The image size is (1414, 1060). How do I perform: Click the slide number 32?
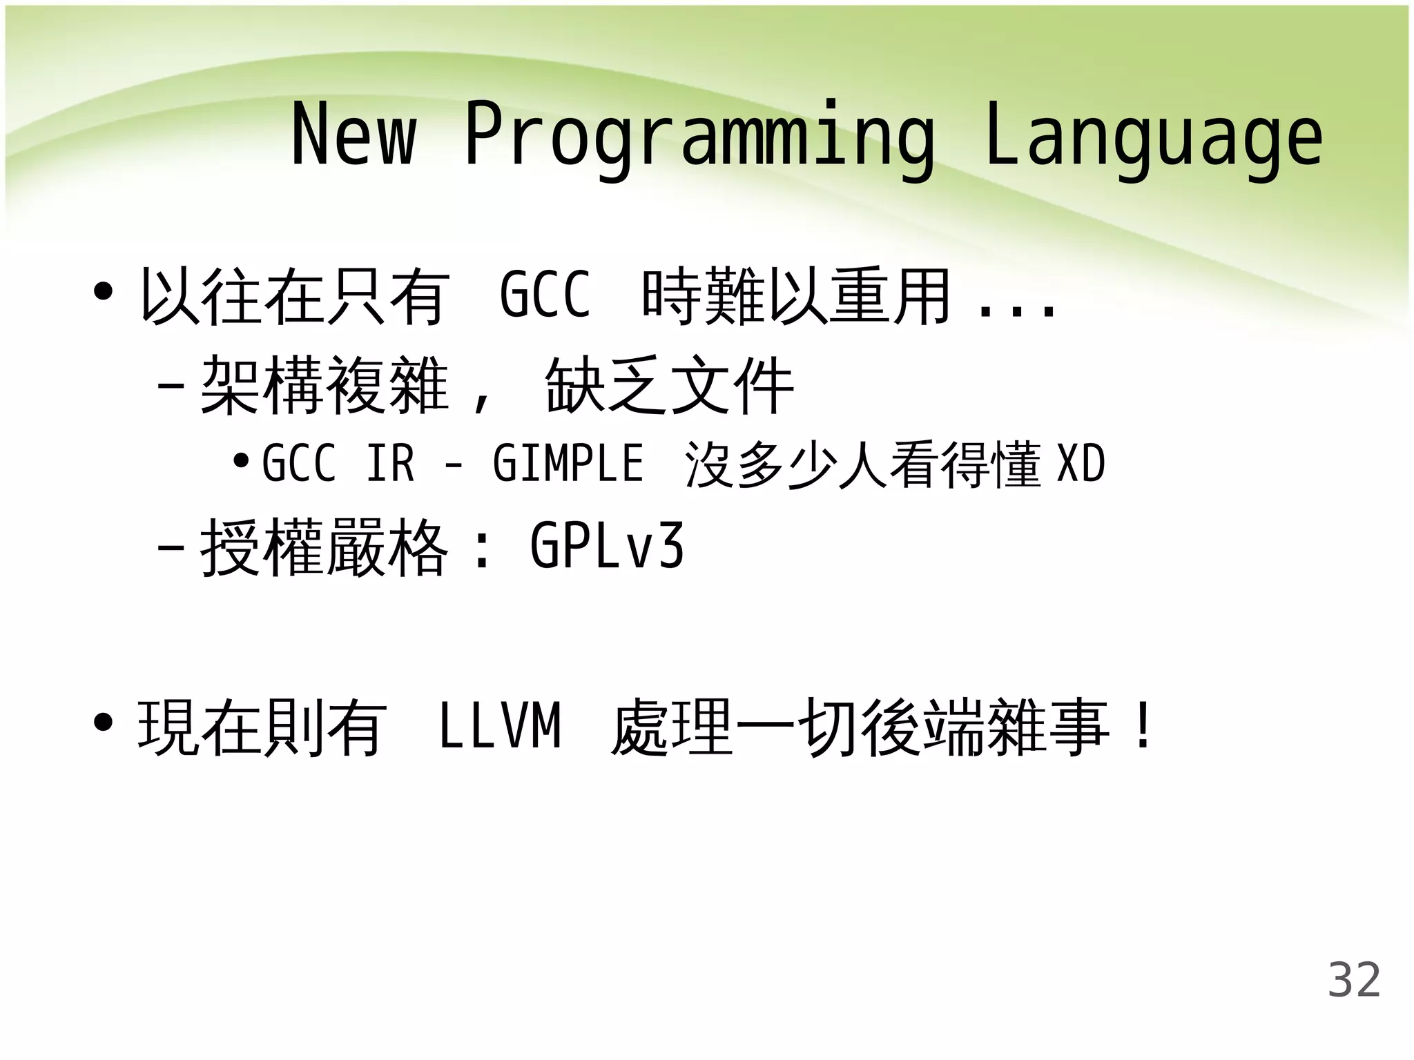[1354, 980]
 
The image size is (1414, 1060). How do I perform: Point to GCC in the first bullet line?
[545, 295]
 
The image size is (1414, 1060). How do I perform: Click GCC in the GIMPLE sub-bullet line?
[298, 463]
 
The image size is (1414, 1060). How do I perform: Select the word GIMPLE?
[568, 463]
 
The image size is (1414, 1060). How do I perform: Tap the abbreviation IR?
[390, 463]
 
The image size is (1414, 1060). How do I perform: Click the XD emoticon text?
[1081, 464]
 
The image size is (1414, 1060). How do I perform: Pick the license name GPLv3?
[606, 547]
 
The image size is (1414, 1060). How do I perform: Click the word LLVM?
[500, 726]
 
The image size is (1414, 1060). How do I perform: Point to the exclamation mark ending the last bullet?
[1143, 726]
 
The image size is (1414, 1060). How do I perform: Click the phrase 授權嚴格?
[325, 548]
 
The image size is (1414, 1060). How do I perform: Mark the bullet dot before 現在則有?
[103, 723]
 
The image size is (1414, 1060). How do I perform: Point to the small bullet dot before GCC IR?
[240, 460]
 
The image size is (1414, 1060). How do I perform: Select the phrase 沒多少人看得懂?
[862, 464]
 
